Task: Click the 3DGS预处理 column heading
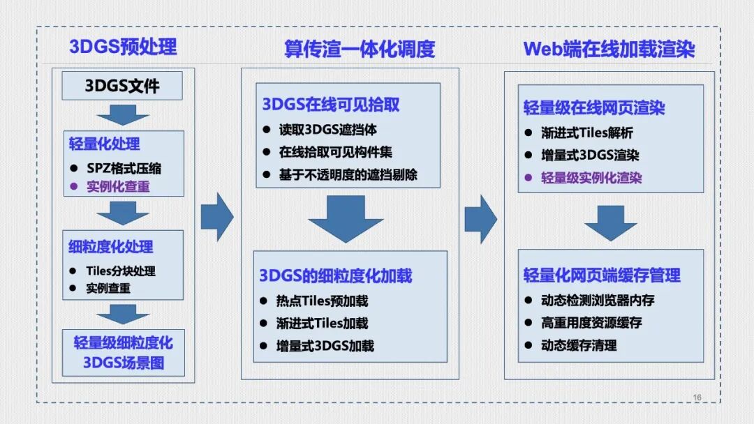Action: pyautogui.click(x=123, y=47)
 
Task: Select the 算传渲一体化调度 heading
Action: pyautogui.click(x=360, y=49)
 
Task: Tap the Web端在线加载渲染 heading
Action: pyautogui.click(x=609, y=49)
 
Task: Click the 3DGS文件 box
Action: pyautogui.click(x=122, y=86)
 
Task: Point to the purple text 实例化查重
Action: pyautogui.click(x=118, y=186)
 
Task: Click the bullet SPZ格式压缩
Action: pyautogui.click(x=124, y=169)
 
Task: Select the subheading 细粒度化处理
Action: pyautogui.click(x=111, y=247)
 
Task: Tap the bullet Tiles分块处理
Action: pyautogui.click(x=121, y=271)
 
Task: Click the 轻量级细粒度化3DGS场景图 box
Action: pyautogui.click(x=123, y=353)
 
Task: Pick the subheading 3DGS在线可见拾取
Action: pyautogui.click(x=331, y=105)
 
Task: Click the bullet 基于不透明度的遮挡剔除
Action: pyautogui.click(x=348, y=174)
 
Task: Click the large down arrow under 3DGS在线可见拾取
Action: pyautogui.click(x=346, y=218)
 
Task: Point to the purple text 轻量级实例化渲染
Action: pyautogui.click(x=591, y=178)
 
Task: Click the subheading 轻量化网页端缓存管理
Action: pyautogui.click(x=602, y=275)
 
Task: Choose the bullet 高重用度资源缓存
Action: pyautogui.click(x=591, y=323)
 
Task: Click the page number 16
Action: pyautogui.click(x=697, y=397)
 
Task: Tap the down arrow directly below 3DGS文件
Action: pyautogui.click(x=123, y=114)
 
